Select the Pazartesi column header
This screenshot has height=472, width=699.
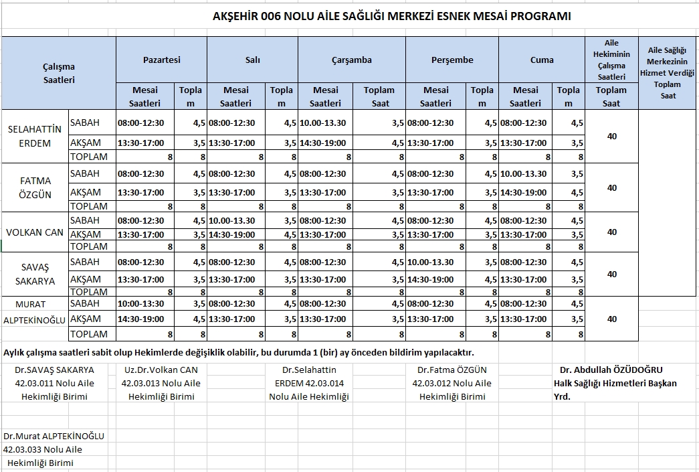161,60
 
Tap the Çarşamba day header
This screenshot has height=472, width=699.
351,60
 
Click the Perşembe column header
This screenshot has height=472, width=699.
452,60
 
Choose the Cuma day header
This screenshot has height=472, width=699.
542,60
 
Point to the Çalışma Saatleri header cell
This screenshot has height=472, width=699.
59,72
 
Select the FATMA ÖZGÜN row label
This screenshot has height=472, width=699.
35,187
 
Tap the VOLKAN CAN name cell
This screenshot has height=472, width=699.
35,232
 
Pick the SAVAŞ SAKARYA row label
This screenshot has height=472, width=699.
35,274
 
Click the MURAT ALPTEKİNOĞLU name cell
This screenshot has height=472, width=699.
35,312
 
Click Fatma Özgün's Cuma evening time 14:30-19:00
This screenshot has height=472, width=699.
523,193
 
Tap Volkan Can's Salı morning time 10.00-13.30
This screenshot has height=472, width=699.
231,221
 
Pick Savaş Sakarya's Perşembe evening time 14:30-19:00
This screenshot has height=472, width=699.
430,280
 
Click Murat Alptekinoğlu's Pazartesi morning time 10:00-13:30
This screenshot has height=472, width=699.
140,304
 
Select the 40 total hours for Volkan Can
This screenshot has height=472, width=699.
611,232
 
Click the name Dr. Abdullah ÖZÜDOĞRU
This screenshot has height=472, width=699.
611,370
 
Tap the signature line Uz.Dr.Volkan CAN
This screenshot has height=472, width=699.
161,370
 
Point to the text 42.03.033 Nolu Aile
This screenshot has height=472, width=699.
43,449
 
